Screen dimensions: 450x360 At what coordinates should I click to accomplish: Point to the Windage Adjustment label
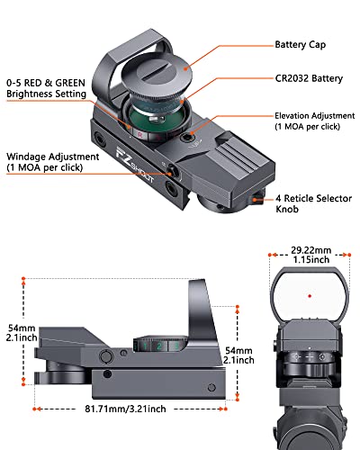pos(48,160)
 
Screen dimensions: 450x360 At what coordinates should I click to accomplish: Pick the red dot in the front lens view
pos(308,294)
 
